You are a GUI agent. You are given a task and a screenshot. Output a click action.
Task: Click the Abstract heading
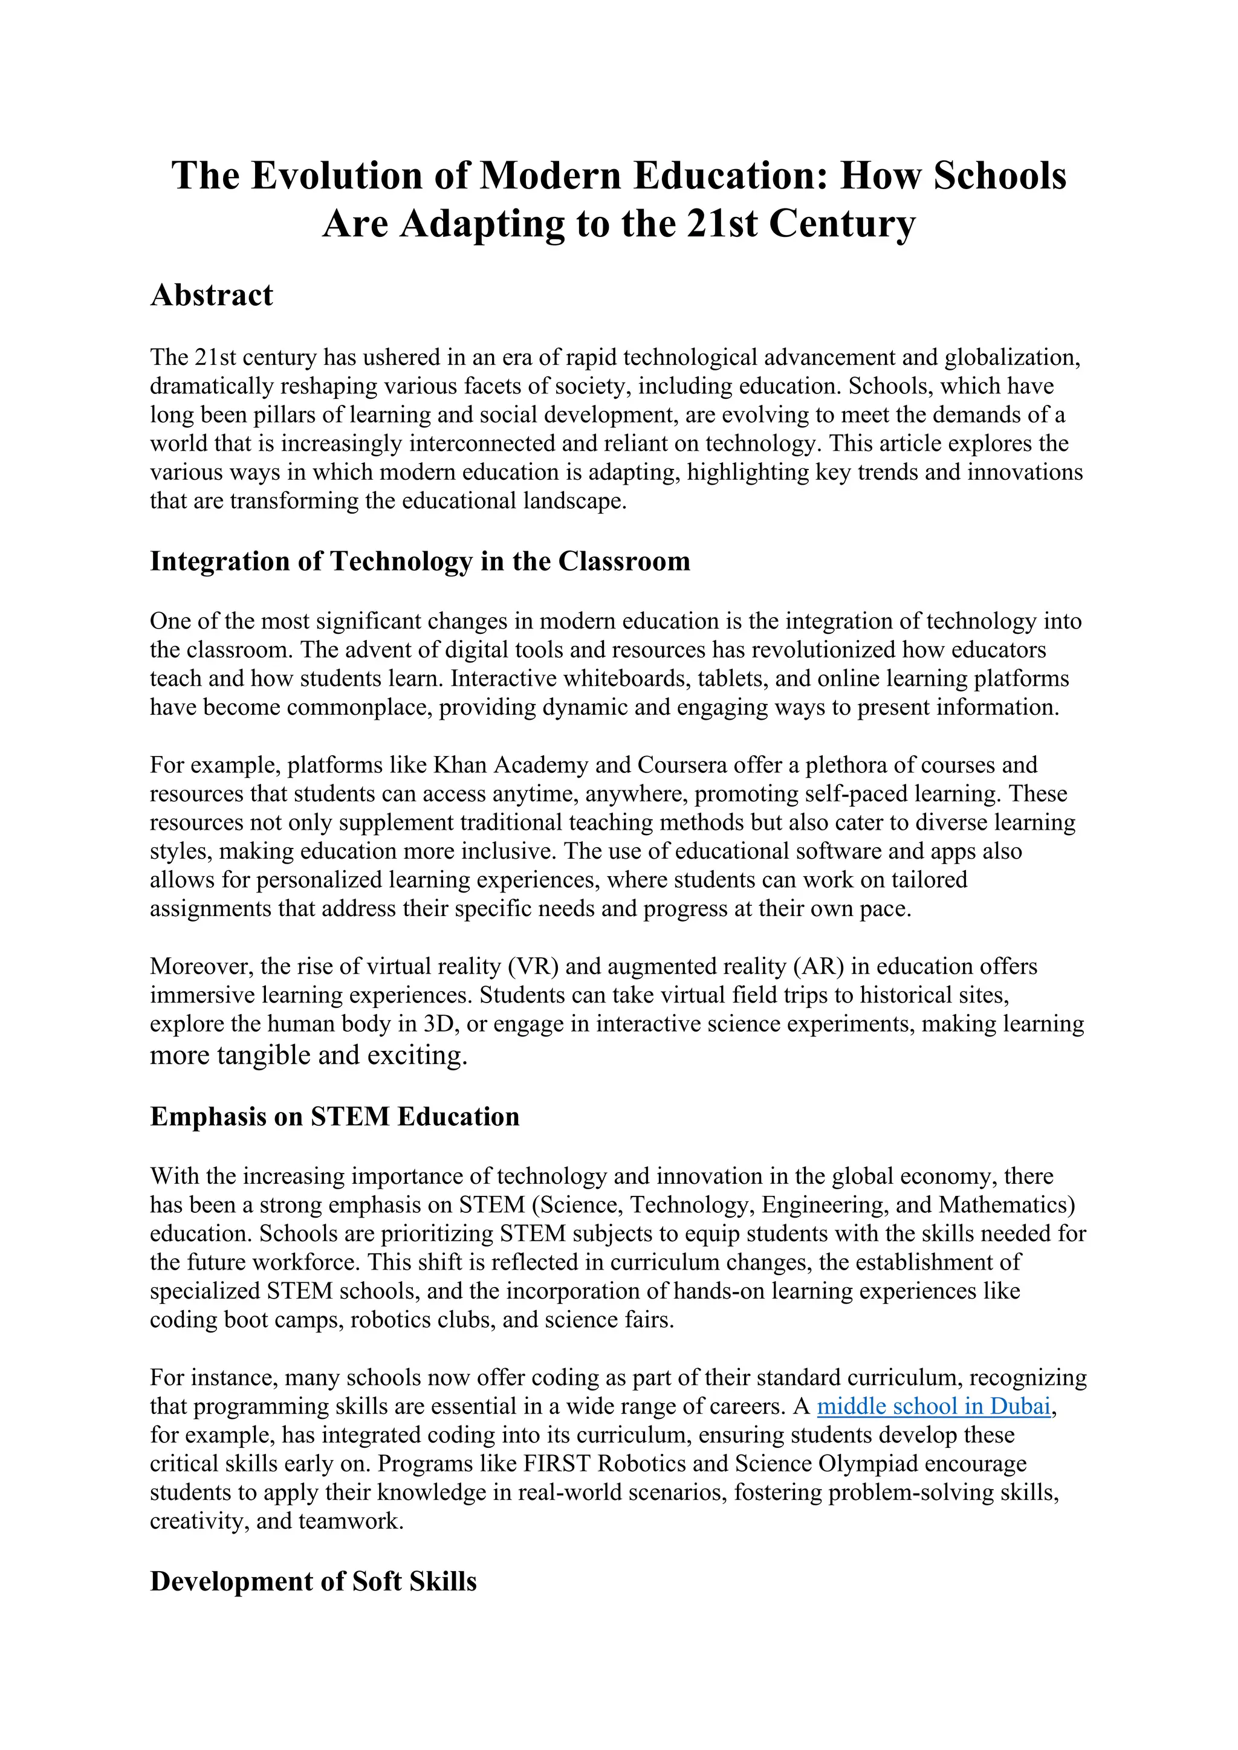(211, 295)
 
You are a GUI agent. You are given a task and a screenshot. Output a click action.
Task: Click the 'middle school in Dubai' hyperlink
(934, 1406)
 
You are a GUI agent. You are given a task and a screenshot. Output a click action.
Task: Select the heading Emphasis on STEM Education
(335, 1117)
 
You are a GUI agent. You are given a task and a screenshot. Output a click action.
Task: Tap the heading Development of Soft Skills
(313, 1581)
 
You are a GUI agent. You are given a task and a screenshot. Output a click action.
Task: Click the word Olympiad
(870, 1464)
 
